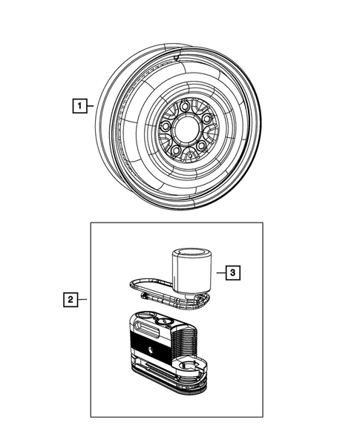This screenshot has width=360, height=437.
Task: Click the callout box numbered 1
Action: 77,105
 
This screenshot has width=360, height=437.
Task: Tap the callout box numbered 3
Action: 232,273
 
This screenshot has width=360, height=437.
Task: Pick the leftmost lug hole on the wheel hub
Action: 166,127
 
